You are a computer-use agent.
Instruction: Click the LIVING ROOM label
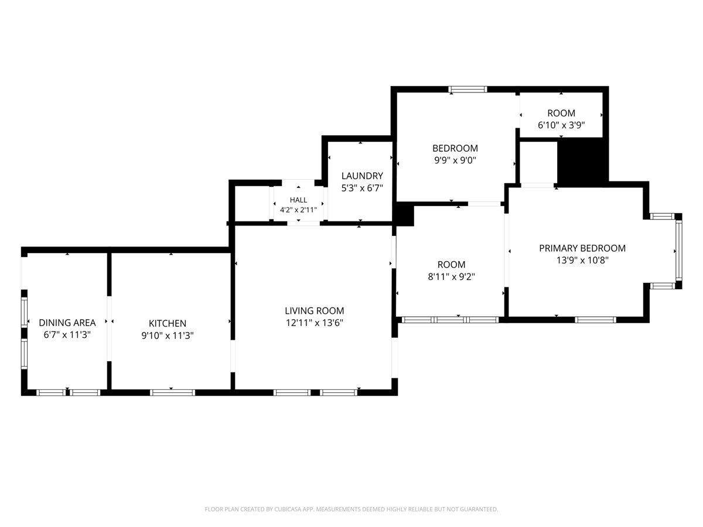[x=314, y=310]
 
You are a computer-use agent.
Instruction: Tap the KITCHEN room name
[x=167, y=323]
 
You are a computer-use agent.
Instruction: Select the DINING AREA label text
[x=67, y=323]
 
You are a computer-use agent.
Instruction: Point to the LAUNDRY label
[x=362, y=176]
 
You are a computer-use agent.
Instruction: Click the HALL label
[x=298, y=200]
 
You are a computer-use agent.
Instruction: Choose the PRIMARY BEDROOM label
[x=582, y=248]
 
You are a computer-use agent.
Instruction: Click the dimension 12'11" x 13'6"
[x=314, y=323]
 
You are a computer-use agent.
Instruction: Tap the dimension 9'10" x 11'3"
[x=167, y=336]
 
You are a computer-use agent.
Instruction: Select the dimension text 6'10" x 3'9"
[x=561, y=125]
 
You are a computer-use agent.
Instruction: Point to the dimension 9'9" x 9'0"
[x=455, y=160]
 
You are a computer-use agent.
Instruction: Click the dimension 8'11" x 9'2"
[x=451, y=276]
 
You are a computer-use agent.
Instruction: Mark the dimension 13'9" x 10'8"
[x=582, y=260]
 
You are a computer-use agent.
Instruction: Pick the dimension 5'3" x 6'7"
[x=362, y=188]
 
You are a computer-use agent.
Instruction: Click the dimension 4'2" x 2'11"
[x=298, y=210]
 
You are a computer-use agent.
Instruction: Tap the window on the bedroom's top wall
[x=467, y=89]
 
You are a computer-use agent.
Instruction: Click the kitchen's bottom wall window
[x=172, y=392]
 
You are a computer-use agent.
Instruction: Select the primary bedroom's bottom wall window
[x=595, y=319]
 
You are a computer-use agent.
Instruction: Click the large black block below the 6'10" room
[x=582, y=162]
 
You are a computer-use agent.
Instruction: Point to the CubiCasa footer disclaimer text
[x=351, y=509]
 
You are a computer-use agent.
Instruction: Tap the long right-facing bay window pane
[x=678, y=251]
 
